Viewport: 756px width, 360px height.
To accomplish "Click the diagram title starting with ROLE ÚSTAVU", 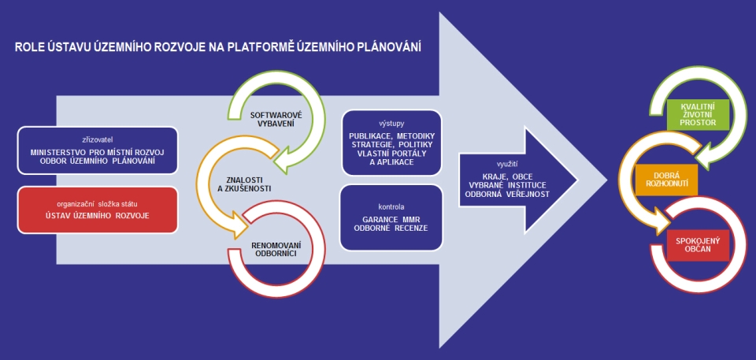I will tap(217, 48).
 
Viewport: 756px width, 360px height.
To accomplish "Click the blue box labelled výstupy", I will tap(391, 142).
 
